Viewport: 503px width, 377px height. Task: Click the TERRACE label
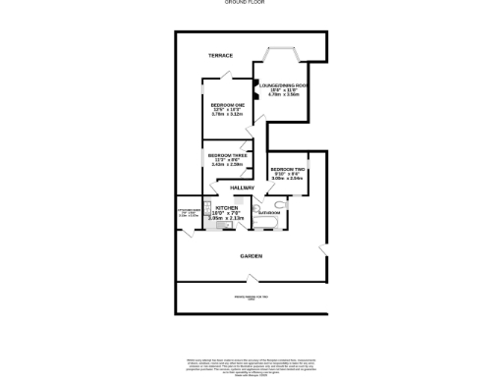click(220, 56)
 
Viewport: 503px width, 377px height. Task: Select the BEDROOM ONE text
click(226, 105)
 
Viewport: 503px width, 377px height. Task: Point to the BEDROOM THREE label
click(225, 155)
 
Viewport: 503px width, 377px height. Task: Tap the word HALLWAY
click(242, 188)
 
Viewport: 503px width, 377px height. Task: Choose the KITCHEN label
click(227, 208)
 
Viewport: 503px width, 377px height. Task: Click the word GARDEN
click(251, 256)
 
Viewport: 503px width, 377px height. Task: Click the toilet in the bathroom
click(257, 208)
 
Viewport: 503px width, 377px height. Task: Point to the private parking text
click(251, 297)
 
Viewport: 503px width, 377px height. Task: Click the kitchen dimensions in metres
click(227, 218)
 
